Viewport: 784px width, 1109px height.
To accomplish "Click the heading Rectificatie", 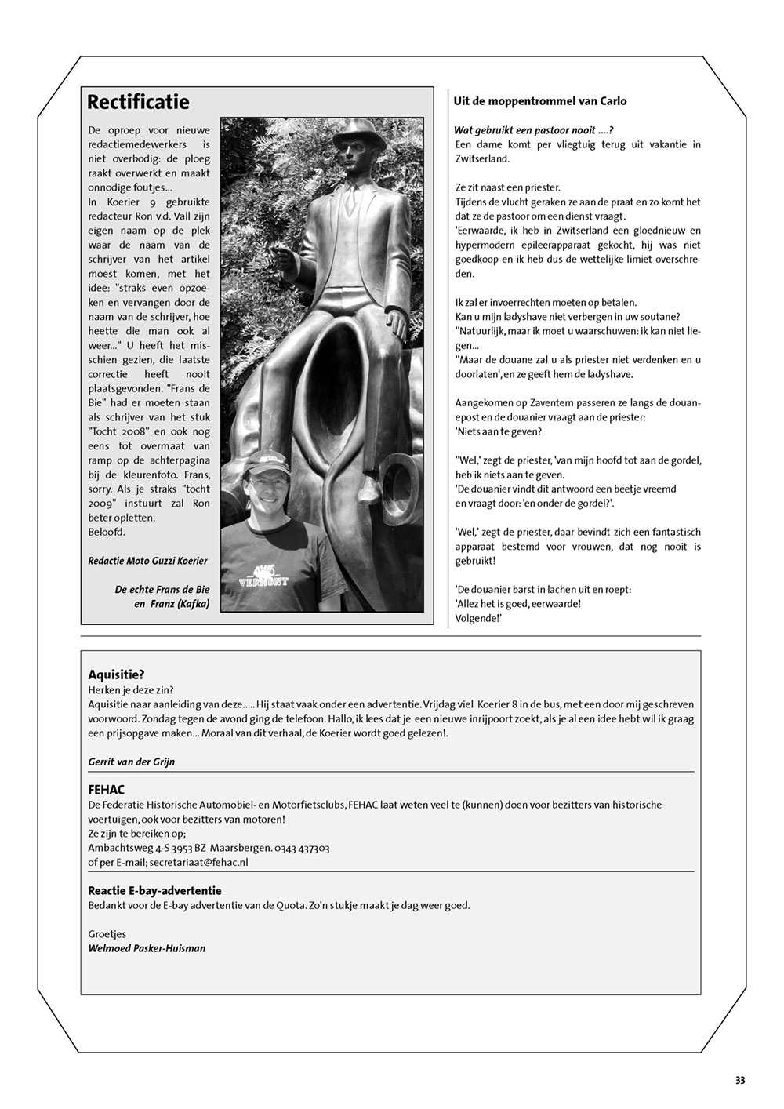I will coord(138,102).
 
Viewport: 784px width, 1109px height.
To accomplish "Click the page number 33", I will coord(740,1080).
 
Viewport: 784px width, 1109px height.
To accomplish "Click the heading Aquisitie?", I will coord(117,674).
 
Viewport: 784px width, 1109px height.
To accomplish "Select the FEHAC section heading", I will coord(107,790).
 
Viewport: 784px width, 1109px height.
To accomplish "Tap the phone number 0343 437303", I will coord(303,848).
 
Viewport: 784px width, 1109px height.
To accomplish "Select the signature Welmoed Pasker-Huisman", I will coord(147,948).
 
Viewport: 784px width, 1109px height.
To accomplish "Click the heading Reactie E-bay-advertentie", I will coord(155,891).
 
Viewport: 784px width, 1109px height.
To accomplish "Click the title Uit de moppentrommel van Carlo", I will coord(540,101).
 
